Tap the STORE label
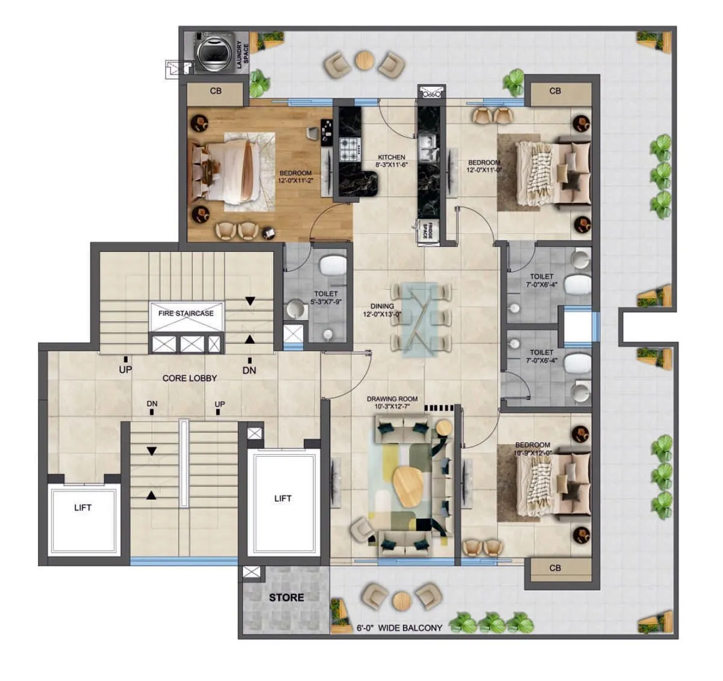(x=286, y=597)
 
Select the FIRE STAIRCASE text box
(x=186, y=313)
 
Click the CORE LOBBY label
(x=190, y=378)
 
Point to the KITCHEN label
(x=392, y=157)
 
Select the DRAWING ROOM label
(x=392, y=399)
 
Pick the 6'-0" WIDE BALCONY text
(x=399, y=628)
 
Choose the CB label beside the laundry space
(x=216, y=91)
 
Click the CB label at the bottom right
(x=555, y=568)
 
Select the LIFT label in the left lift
(x=83, y=507)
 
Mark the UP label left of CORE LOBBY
(x=125, y=369)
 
